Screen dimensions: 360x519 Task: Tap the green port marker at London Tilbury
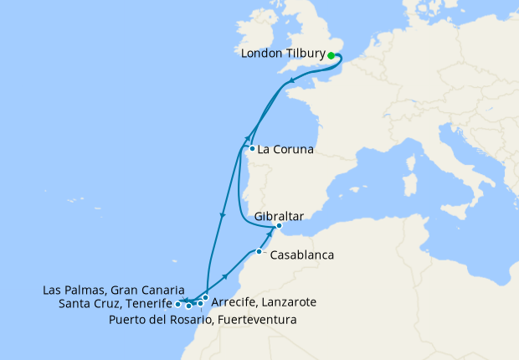point(331,55)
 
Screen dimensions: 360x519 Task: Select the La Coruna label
point(285,151)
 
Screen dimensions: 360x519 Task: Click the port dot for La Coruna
point(252,149)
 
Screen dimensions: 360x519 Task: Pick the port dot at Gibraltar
point(279,226)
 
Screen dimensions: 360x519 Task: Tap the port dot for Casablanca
point(259,251)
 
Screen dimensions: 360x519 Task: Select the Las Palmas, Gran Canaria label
point(113,290)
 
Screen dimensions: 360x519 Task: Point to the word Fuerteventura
point(258,320)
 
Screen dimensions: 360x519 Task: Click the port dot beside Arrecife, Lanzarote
point(205,297)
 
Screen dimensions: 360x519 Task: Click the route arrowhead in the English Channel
point(290,82)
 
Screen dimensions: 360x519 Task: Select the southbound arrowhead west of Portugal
point(222,217)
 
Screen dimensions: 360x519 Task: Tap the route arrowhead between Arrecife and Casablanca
point(225,276)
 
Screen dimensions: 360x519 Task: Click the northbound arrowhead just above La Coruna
point(248,139)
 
